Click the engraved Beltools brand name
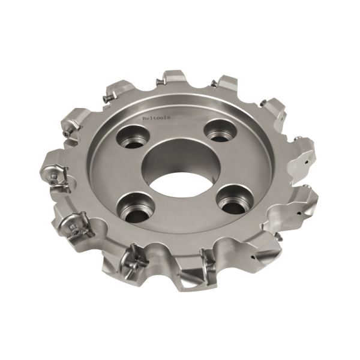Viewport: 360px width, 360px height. point(156,118)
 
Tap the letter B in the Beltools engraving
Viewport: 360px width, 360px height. point(144,118)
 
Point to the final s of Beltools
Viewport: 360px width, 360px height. point(169,118)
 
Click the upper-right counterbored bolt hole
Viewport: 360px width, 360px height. point(218,132)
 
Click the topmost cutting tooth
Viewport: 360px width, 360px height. point(175,79)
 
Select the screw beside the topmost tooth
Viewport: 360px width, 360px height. point(159,81)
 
